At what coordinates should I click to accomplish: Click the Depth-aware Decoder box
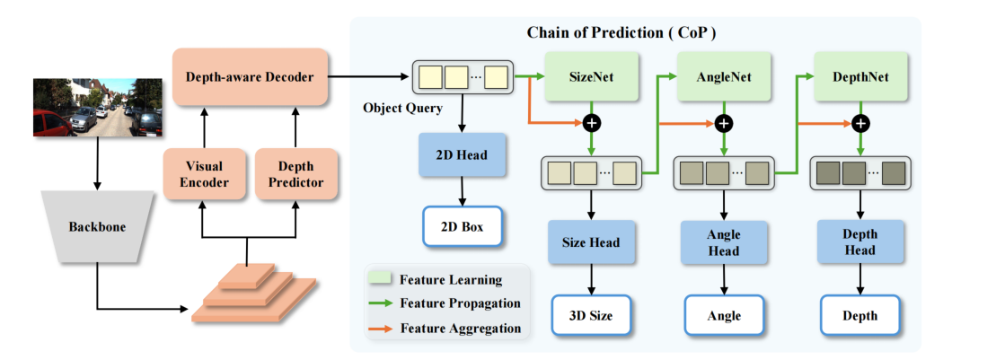tap(250, 77)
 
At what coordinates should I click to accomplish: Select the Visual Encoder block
tap(203, 175)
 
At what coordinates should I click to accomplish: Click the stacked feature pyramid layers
tap(253, 291)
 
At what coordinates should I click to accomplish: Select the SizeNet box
tap(592, 77)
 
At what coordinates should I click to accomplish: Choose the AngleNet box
tap(724, 77)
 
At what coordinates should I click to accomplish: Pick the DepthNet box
tap(859, 77)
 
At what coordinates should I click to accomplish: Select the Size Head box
tap(592, 242)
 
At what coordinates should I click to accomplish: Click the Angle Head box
tap(724, 242)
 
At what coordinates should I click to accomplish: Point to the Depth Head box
tap(859, 242)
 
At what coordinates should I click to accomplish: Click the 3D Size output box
tap(592, 315)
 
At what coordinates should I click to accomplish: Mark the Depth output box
tap(859, 315)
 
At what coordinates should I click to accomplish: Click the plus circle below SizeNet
tap(592, 123)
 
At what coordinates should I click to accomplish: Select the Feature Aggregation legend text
tap(461, 329)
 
